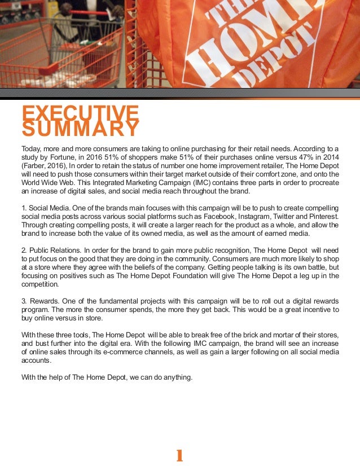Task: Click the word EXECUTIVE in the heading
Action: point(80,112)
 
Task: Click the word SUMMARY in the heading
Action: point(80,129)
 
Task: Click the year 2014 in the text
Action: point(330,157)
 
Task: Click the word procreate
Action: point(321,183)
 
